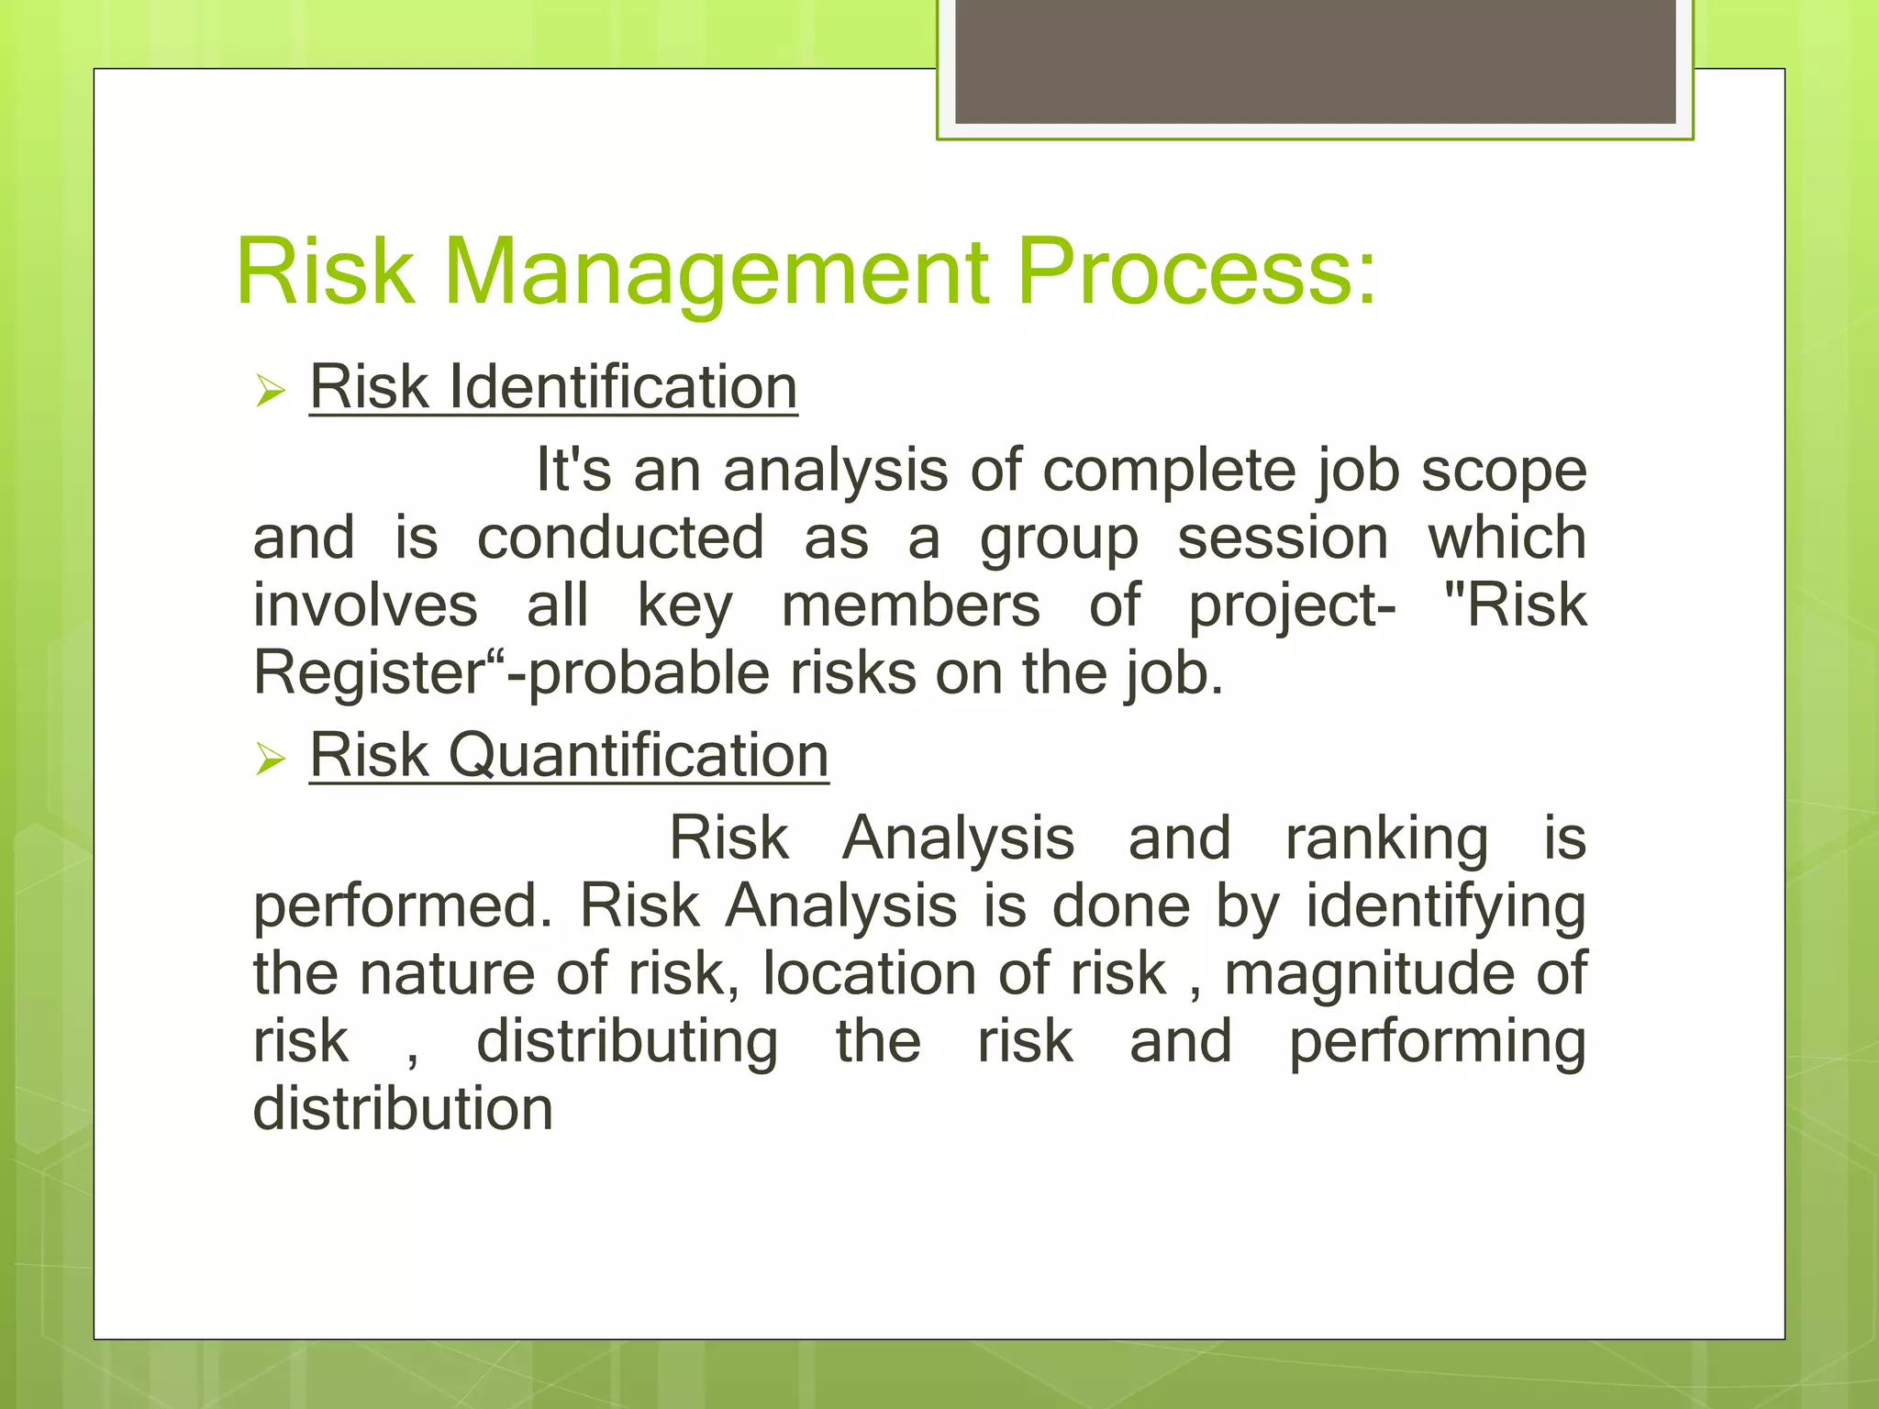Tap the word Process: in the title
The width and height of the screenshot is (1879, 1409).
click(x=1196, y=272)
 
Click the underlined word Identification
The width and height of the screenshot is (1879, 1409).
click(x=623, y=388)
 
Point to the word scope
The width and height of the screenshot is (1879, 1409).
click(x=1504, y=471)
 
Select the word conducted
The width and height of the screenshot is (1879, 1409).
click(x=620, y=538)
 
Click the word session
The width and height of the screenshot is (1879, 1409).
click(x=1283, y=538)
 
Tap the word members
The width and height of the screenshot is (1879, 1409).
click(x=910, y=605)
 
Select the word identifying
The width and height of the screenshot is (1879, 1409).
click(x=1446, y=907)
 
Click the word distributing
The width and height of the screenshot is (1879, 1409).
click(x=628, y=1042)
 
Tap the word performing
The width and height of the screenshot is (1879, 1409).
click(x=1437, y=1042)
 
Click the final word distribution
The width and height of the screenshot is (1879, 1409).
click(x=403, y=1109)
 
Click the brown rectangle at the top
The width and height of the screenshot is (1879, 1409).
click(x=1315, y=61)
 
